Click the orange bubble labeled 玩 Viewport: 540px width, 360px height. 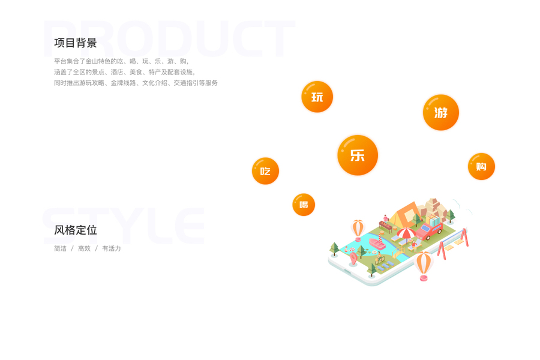point(317,97)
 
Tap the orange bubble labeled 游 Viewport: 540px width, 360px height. point(440,112)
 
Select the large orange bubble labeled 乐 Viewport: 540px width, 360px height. point(358,155)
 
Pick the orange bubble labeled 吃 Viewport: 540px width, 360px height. point(265,171)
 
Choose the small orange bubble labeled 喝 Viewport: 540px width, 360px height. point(304,205)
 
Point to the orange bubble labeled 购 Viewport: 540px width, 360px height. point(481,166)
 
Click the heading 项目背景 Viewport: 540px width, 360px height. point(76,43)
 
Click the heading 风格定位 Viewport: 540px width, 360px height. point(76,230)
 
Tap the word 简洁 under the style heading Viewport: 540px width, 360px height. point(60,248)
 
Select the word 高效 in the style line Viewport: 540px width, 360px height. point(84,248)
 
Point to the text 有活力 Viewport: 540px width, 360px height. point(112,248)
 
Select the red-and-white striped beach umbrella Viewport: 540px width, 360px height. point(406,233)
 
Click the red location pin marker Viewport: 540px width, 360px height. point(353,259)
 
